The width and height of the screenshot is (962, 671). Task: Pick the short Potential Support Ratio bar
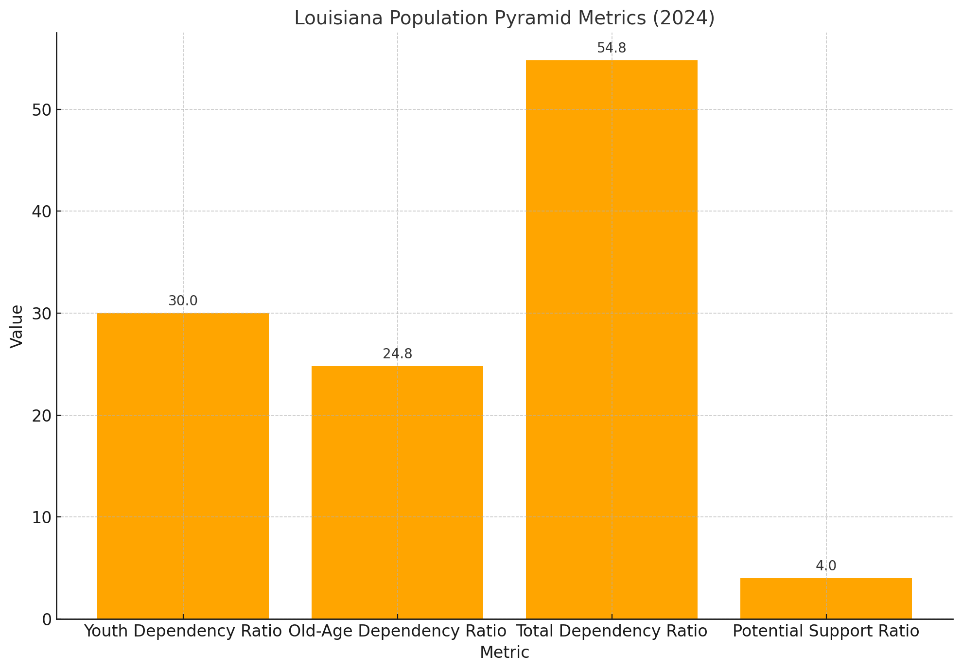click(x=826, y=599)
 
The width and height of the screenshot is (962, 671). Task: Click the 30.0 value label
click(x=183, y=301)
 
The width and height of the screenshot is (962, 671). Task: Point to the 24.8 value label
click(x=397, y=354)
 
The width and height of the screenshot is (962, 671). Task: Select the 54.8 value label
click(x=612, y=48)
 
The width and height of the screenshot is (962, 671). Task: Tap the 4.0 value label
click(x=826, y=566)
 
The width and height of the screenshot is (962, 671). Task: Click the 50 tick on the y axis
click(x=41, y=110)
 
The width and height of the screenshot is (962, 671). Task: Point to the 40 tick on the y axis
click(x=41, y=212)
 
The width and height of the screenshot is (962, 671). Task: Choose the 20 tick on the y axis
click(x=41, y=416)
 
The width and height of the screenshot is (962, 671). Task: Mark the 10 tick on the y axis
click(x=41, y=517)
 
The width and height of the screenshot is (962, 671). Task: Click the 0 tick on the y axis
click(x=47, y=619)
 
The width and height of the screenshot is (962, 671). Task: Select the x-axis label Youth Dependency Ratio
click(x=183, y=632)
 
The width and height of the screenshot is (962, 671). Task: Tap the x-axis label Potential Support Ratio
click(x=826, y=632)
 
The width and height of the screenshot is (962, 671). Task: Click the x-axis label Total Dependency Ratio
click(x=612, y=632)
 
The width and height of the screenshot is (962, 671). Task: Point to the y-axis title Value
click(x=17, y=326)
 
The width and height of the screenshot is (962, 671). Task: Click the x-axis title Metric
click(x=504, y=653)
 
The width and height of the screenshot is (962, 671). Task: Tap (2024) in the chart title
click(x=683, y=18)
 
